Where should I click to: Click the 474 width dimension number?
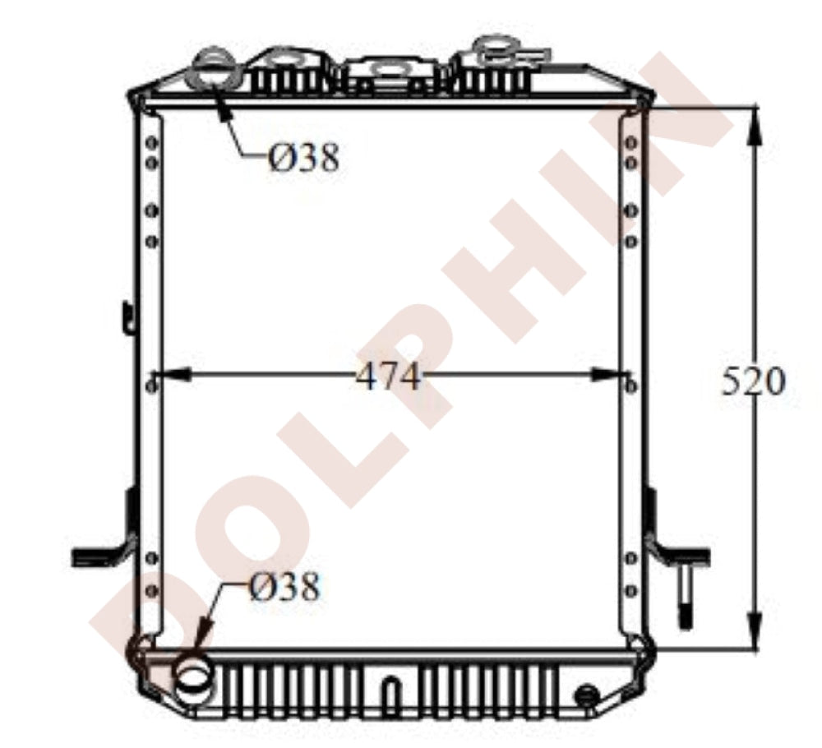[388, 377]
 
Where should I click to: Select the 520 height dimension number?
[753, 381]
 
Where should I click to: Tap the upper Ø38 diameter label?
[302, 157]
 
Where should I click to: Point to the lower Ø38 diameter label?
[283, 587]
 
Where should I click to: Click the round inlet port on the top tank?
[215, 71]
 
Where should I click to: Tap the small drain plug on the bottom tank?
[586, 695]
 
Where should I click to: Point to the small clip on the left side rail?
[127, 316]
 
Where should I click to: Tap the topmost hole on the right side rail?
[630, 144]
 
